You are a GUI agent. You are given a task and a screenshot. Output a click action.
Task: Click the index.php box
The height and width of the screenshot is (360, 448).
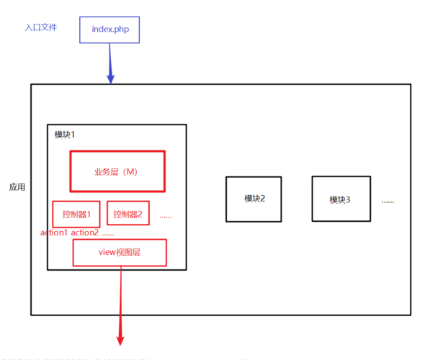pyautogui.click(x=109, y=29)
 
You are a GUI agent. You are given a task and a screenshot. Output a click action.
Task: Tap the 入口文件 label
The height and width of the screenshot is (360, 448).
pyautogui.click(x=40, y=27)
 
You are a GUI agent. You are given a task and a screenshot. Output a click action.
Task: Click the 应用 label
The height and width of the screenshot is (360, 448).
pyautogui.click(x=17, y=187)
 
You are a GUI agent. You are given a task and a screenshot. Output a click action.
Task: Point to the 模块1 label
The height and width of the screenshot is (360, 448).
pyautogui.click(x=65, y=135)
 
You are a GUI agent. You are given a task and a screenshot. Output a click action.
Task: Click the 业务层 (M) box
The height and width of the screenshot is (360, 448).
pyautogui.click(x=117, y=171)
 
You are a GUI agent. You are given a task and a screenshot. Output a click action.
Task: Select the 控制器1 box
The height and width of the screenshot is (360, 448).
pyautogui.click(x=76, y=214)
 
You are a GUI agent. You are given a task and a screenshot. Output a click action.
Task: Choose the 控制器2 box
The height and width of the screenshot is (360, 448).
pyautogui.click(x=128, y=214)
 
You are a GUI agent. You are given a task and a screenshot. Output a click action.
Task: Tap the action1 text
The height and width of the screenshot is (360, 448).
pyautogui.click(x=54, y=233)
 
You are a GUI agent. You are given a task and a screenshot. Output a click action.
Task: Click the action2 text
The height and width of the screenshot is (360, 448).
pyautogui.click(x=84, y=233)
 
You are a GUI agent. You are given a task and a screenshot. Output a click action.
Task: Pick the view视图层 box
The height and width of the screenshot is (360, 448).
pyautogui.click(x=120, y=253)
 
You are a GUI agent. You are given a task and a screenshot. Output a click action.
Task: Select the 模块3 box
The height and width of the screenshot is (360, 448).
pyautogui.click(x=340, y=199)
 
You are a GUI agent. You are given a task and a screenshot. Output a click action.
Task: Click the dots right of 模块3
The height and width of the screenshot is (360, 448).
pyautogui.click(x=387, y=201)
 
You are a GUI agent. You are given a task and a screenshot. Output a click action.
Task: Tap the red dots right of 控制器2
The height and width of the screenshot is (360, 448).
pyautogui.click(x=165, y=216)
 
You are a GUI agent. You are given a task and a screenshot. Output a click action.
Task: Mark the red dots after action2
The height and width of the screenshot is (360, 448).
pyautogui.click(x=108, y=234)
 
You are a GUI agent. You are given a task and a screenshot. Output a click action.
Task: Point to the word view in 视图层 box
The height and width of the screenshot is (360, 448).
pyautogui.click(x=107, y=253)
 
